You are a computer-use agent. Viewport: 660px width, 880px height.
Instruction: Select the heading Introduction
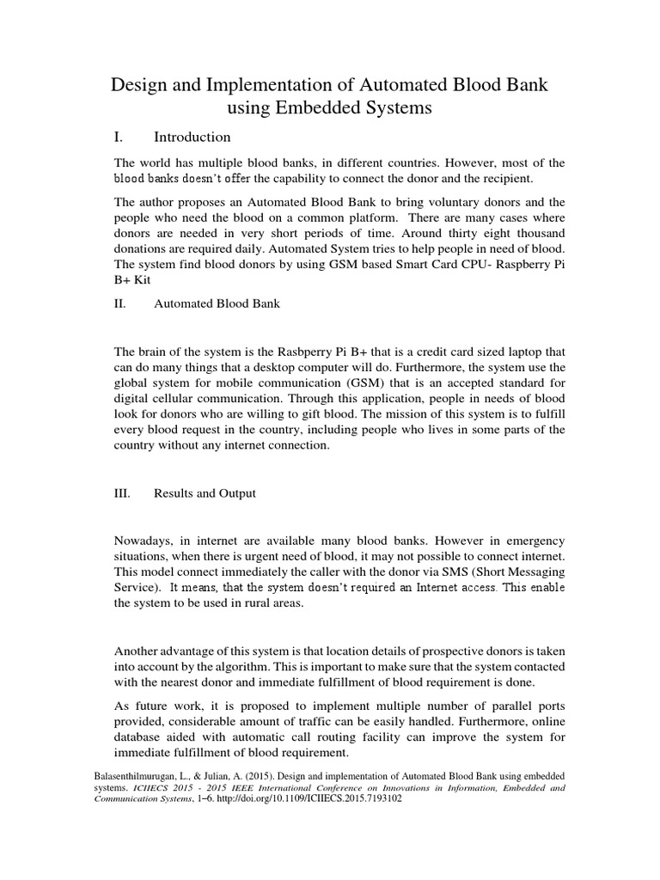(x=192, y=137)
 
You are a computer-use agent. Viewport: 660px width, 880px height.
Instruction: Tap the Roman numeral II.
(x=120, y=303)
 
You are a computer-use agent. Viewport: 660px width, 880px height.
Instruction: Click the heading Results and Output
(x=205, y=493)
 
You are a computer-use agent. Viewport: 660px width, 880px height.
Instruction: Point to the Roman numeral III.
(x=122, y=493)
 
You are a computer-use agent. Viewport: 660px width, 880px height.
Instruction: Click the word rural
(x=263, y=604)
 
